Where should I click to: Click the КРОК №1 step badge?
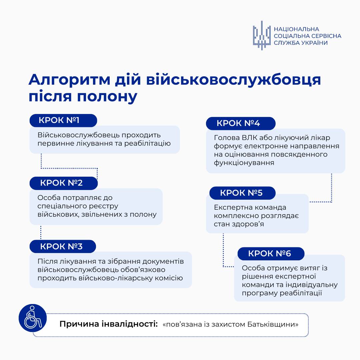click(63, 120)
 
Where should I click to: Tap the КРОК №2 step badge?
click(63, 183)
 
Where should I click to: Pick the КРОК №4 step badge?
click(240, 123)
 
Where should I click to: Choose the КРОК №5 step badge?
click(242, 193)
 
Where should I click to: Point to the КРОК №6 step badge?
click(271, 254)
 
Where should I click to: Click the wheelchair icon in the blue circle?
click(32, 318)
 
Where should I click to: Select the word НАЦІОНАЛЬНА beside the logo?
click(296, 29)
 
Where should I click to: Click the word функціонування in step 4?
click(244, 163)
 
